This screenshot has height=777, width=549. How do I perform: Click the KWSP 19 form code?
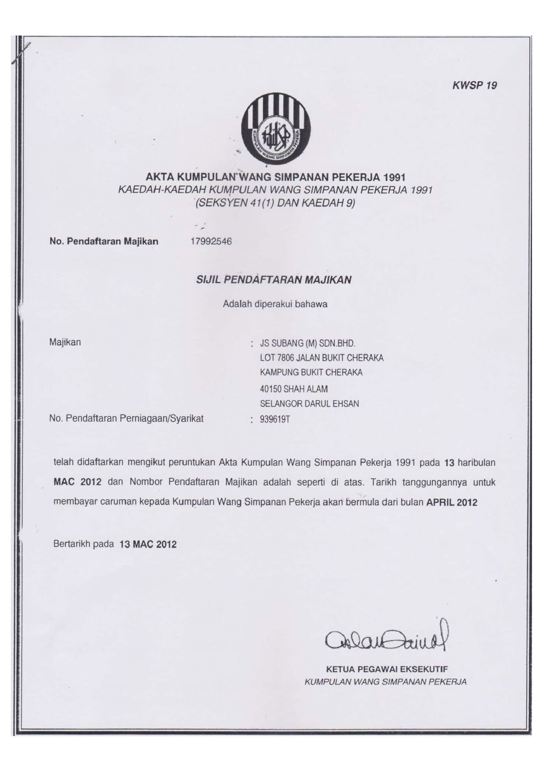tap(474, 85)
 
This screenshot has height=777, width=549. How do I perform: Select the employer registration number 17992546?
tap(211, 241)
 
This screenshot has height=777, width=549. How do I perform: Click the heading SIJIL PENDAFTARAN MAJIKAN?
tap(274, 280)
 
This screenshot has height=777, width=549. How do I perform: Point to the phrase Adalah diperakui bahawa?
tap(275, 304)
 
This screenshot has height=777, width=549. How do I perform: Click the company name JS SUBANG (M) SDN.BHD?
tap(308, 343)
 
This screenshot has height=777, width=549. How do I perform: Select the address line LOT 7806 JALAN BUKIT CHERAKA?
tap(322, 358)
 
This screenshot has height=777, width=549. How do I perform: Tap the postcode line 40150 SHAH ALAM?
tap(294, 389)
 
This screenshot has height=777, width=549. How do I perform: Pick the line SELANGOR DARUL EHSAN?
tap(309, 404)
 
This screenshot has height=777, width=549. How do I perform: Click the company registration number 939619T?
tap(275, 419)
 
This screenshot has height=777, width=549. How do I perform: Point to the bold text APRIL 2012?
tap(452, 502)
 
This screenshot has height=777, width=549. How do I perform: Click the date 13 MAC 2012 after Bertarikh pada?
tap(148, 544)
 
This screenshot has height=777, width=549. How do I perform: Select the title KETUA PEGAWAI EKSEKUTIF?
tap(387, 669)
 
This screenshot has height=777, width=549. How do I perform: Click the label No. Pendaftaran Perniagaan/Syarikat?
tap(126, 418)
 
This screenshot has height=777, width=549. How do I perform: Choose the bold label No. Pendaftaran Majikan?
tap(104, 241)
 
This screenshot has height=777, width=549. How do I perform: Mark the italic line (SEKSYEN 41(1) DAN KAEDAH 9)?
tap(275, 203)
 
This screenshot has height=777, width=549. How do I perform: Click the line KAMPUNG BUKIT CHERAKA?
tap(311, 373)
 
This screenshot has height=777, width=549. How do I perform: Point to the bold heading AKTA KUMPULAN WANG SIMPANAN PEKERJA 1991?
tap(275, 177)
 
